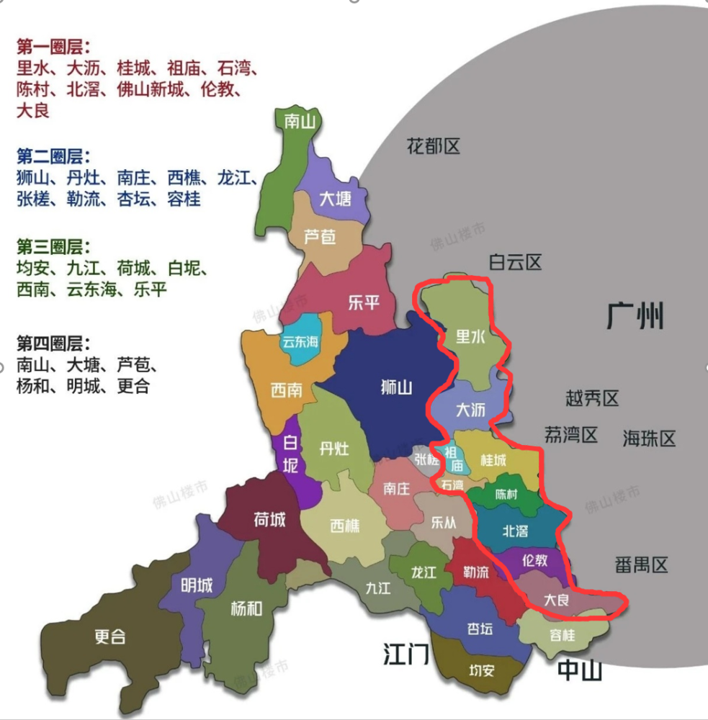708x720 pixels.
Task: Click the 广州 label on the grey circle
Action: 635,315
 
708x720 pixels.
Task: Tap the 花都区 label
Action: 433,147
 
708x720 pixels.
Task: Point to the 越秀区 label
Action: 592,397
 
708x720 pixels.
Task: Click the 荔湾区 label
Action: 571,435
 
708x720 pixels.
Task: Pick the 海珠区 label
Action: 649,438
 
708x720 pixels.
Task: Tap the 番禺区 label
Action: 642,564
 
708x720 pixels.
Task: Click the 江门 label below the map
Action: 406,654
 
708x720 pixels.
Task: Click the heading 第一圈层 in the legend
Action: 53,48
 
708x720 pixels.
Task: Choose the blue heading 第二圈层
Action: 53,157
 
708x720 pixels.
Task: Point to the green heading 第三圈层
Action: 53,248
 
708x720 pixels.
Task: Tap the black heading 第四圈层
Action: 53,343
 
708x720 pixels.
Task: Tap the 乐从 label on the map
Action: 443,523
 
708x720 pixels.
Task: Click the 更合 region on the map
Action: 110,636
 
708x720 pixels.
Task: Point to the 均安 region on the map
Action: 482,671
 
